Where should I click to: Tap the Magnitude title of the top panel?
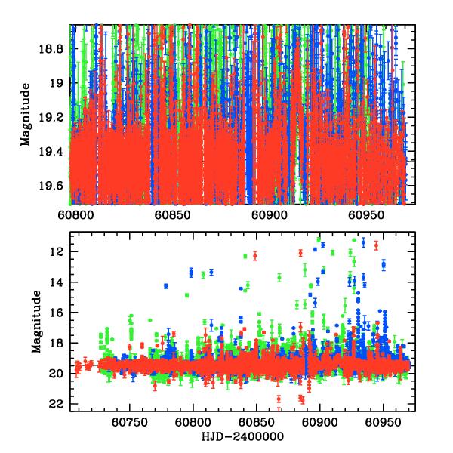point(26,115)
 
